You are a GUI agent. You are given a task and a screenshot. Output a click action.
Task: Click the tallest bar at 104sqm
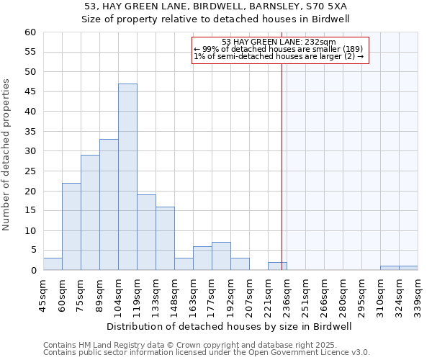[x=127, y=177]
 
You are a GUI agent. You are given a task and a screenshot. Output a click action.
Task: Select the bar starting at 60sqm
[x=71, y=227]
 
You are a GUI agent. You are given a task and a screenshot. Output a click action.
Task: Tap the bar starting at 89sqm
[x=109, y=205]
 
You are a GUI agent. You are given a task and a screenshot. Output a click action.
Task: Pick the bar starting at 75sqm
[x=90, y=213]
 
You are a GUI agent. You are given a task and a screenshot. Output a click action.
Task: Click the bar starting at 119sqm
[x=146, y=233]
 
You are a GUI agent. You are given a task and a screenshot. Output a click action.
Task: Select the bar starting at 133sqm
[x=165, y=238]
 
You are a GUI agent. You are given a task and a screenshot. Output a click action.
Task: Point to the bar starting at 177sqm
[x=221, y=256]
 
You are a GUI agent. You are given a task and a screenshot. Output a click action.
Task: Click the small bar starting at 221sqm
[x=277, y=266]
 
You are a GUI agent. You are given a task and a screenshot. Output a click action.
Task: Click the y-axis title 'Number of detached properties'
[x=7, y=156]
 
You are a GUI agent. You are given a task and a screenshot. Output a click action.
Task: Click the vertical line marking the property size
[x=282, y=144]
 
